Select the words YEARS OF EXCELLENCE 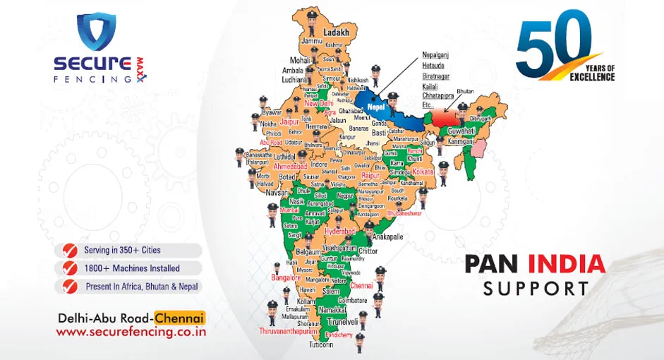(593, 72)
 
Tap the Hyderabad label (342, 231)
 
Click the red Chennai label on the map (361, 286)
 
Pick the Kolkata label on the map (423, 172)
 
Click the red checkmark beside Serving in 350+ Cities (70, 250)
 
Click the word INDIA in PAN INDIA (568, 263)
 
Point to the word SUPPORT (536, 288)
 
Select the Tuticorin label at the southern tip (322, 345)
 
